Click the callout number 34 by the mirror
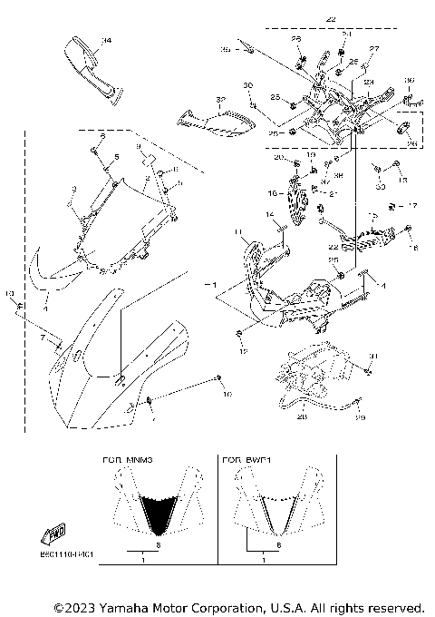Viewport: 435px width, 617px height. [x=106, y=41]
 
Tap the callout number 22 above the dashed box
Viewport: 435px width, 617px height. [x=331, y=18]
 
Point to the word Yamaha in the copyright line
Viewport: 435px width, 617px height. [x=126, y=606]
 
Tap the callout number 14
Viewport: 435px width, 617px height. [x=269, y=214]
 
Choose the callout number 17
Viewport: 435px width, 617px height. [x=412, y=205]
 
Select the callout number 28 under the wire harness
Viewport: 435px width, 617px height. [x=302, y=417]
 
